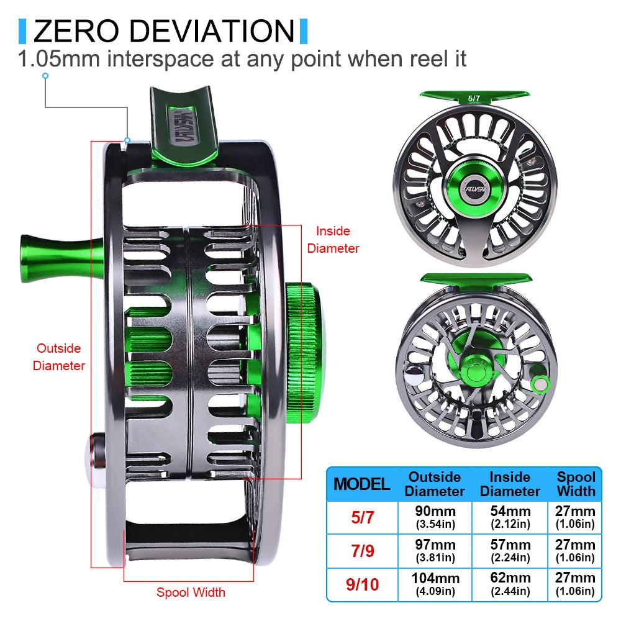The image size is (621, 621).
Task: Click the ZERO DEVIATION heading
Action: pyautogui.click(x=163, y=31)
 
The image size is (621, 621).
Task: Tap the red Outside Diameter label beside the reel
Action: pyautogui.click(x=58, y=357)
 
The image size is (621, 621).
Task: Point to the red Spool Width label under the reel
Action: pyautogui.click(x=191, y=592)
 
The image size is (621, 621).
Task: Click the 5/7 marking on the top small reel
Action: pyautogui.click(x=474, y=98)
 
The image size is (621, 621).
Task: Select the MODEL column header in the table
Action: pyautogui.click(x=362, y=484)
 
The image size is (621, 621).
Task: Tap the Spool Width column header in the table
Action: pyautogui.click(x=576, y=484)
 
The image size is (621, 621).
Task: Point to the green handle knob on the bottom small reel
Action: pyautogui.click(x=540, y=383)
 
